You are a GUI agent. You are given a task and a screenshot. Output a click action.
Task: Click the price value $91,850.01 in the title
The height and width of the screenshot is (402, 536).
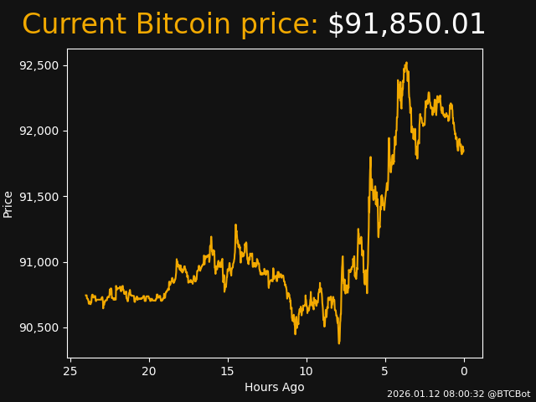406,25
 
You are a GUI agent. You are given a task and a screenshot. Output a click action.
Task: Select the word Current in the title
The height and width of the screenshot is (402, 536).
74,25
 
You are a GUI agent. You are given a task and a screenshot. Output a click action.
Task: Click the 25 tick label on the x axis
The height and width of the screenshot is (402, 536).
70,371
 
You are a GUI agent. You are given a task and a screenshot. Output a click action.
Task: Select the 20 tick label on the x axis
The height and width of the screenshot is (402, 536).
149,371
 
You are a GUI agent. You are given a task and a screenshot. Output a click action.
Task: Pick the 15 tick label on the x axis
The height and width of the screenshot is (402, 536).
228,371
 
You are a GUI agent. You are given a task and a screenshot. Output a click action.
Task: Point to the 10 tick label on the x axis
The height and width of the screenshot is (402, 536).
307,371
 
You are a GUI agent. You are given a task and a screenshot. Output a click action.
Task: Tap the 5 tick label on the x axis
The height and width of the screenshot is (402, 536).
385,371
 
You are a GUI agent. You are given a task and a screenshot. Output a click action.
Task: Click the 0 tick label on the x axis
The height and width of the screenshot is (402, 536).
464,371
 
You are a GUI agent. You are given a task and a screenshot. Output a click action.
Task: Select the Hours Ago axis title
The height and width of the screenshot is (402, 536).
275,387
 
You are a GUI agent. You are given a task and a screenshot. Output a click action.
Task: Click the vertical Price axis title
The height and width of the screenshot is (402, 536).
8,204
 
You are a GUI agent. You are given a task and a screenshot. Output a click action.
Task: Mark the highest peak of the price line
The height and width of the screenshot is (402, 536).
406,62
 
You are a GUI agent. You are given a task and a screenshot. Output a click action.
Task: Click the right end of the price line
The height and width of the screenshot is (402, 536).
463,151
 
